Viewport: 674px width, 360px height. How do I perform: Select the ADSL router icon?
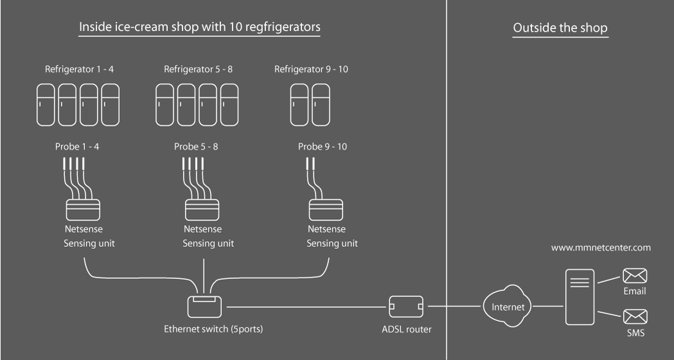point(405,307)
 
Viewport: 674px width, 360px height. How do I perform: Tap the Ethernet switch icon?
point(204,305)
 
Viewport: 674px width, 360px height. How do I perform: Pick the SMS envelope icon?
point(635,317)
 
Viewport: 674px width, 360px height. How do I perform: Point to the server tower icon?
point(579,297)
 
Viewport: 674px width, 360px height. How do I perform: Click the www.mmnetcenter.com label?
point(601,247)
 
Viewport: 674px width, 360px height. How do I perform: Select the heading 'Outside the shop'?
point(560,29)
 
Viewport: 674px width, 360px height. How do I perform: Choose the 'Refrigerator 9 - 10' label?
point(312,69)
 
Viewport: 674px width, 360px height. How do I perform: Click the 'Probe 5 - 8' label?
point(196,147)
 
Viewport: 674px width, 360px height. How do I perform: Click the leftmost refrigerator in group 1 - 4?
point(47,104)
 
